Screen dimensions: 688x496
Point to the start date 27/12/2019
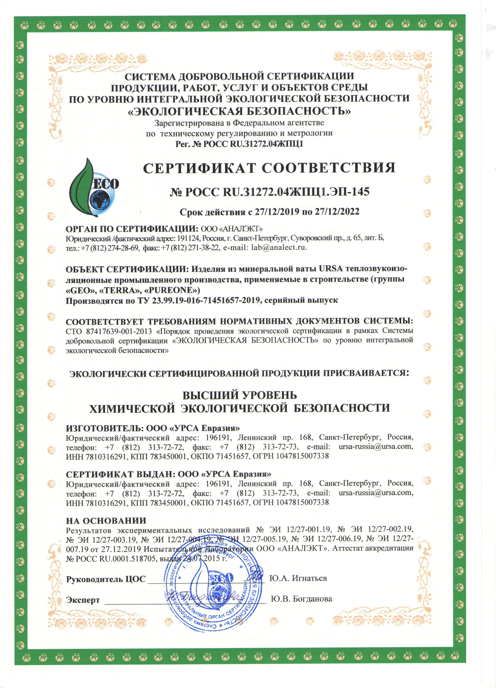277,212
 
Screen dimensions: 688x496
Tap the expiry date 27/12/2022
337,212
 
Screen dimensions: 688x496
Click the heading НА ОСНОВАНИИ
106,520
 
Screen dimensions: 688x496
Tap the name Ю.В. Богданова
301,599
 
